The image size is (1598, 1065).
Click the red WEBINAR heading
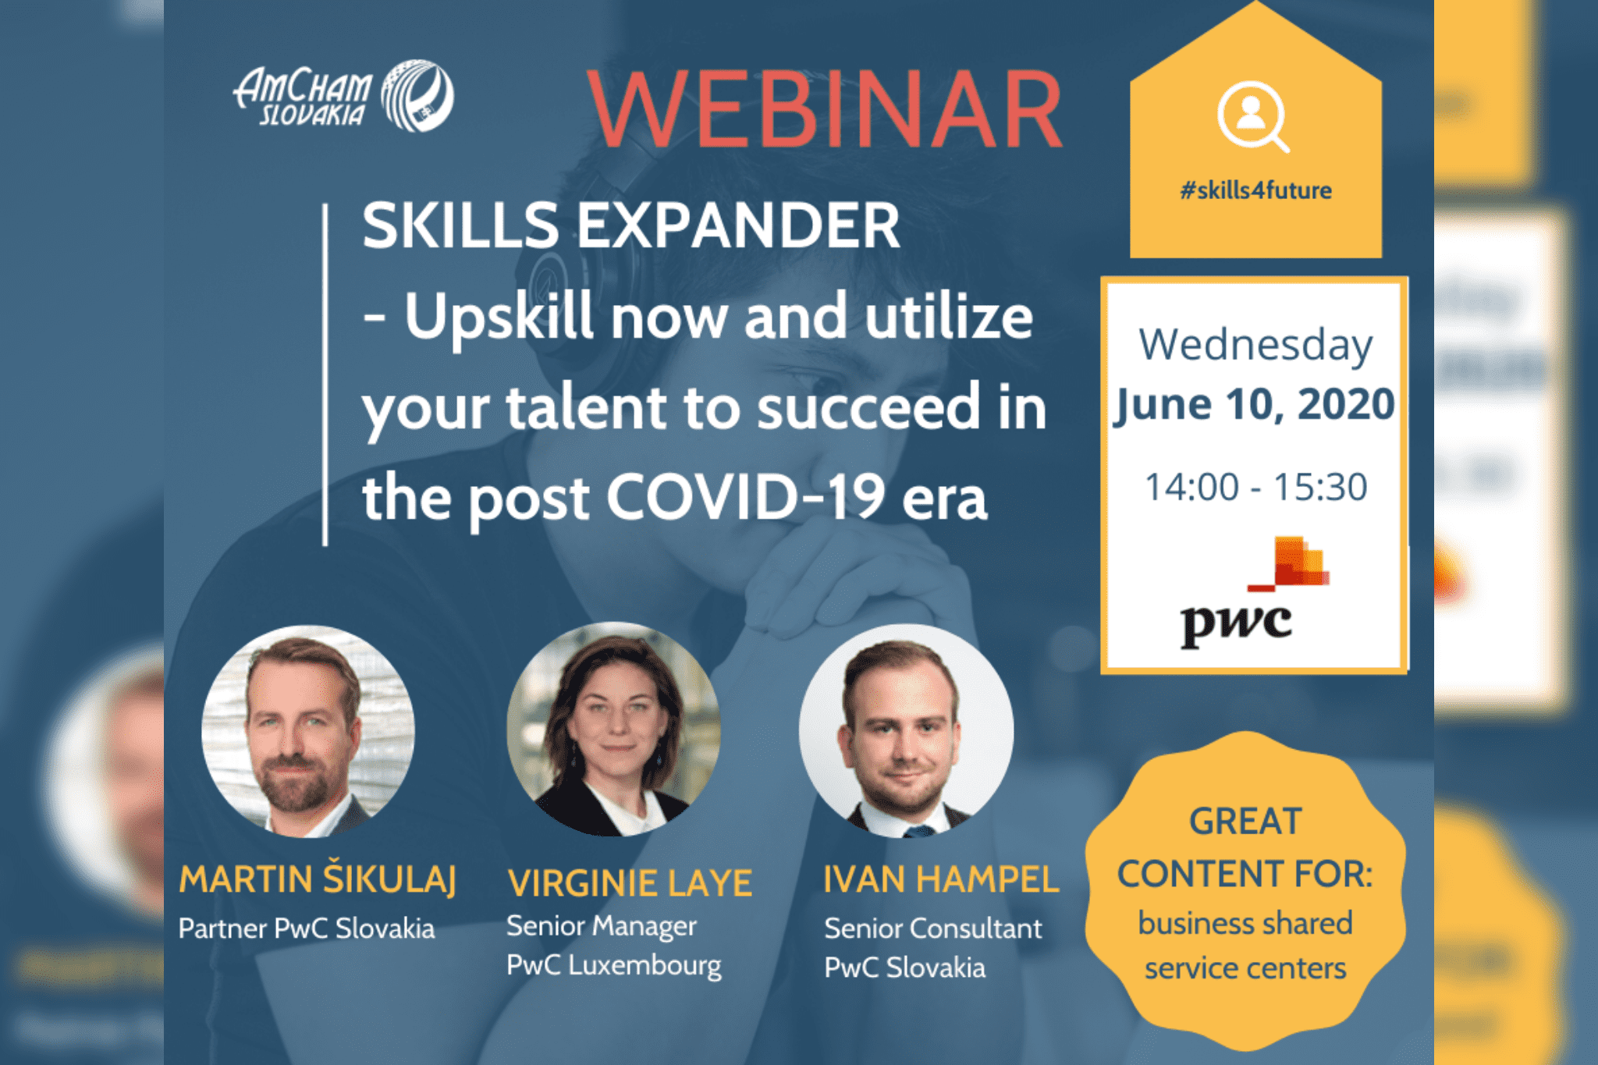click(x=826, y=109)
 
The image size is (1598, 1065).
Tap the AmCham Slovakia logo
click(x=343, y=96)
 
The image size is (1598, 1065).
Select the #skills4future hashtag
click(x=1255, y=190)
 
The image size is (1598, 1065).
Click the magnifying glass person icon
click(x=1253, y=117)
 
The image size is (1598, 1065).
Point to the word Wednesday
click(x=1255, y=346)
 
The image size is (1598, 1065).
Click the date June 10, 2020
click(x=1254, y=404)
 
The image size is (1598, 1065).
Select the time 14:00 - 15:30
click(x=1255, y=487)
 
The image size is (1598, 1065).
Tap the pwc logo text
click(x=1236, y=624)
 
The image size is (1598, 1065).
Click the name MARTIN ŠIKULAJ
click(x=317, y=879)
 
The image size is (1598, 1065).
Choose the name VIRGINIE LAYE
click(x=630, y=883)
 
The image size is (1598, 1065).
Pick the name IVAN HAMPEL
click(x=941, y=879)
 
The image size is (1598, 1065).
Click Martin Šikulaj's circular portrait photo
click(x=308, y=731)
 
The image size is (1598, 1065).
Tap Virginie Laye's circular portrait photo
click(x=613, y=730)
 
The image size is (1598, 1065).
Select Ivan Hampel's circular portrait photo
click(x=906, y=731)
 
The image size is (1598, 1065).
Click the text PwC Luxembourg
click(x=614, y=965)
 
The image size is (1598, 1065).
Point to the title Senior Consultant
click(x=933, y=928)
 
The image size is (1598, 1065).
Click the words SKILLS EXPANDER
click(x=631, y=225)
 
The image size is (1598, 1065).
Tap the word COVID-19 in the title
click(x=746, y=496)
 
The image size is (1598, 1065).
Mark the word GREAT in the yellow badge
click(x=1246, y=822)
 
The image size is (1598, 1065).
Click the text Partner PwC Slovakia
click(x=307, y=928)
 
